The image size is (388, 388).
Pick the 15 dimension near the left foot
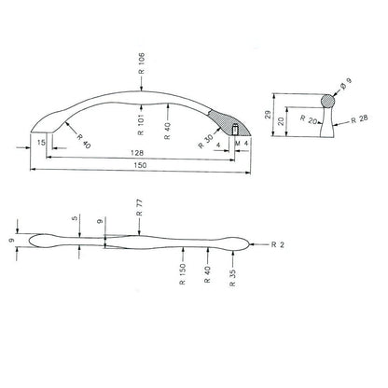pos(42,143)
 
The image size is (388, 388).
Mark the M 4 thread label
pos(244,143)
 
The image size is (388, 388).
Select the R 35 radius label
pos(229,276)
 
